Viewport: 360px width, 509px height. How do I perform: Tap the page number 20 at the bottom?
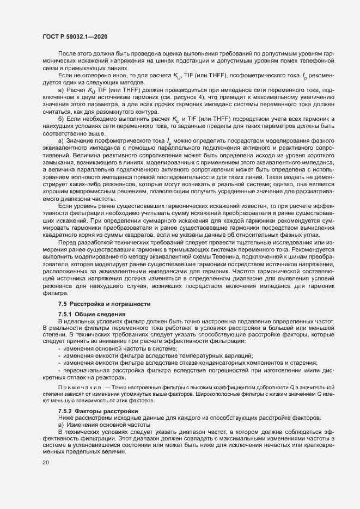pyautogui.click(x=45, y=463)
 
